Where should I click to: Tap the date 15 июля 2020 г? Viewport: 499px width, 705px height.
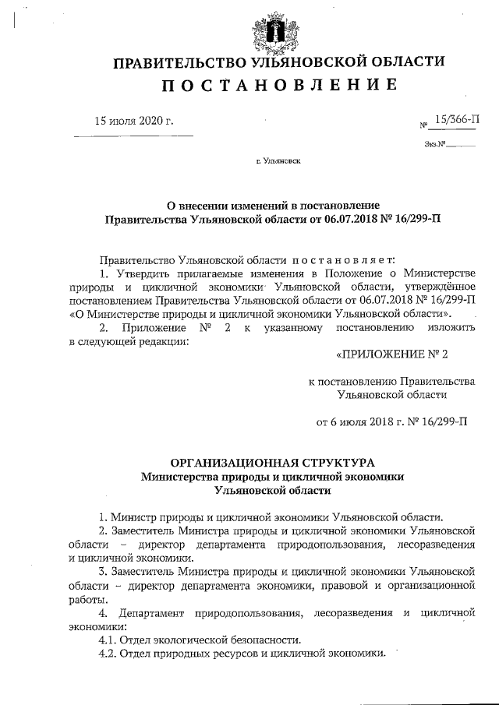(133, 121)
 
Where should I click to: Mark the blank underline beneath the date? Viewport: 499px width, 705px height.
(133, 137)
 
